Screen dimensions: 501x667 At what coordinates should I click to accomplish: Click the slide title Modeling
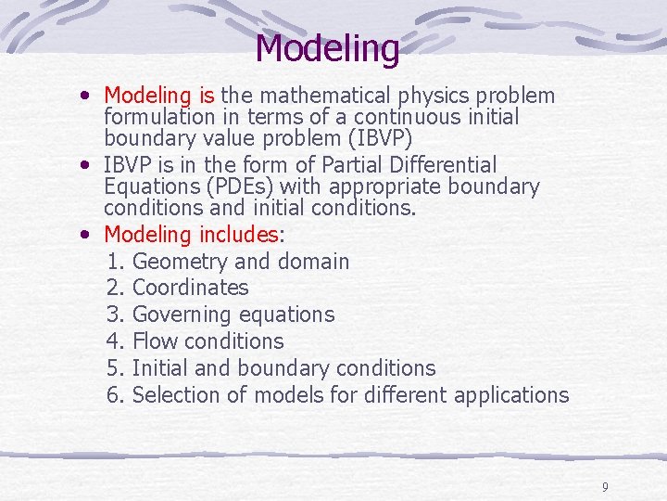click(x=327, y=47)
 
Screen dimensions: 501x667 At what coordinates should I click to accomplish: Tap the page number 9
click(x=604, y=486)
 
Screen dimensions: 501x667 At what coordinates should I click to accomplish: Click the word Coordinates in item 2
click(x=191, y=288)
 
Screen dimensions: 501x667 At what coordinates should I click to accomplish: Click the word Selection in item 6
click(x=177, y=395)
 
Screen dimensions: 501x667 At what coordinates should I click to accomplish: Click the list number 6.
click(x=115, y=395)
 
